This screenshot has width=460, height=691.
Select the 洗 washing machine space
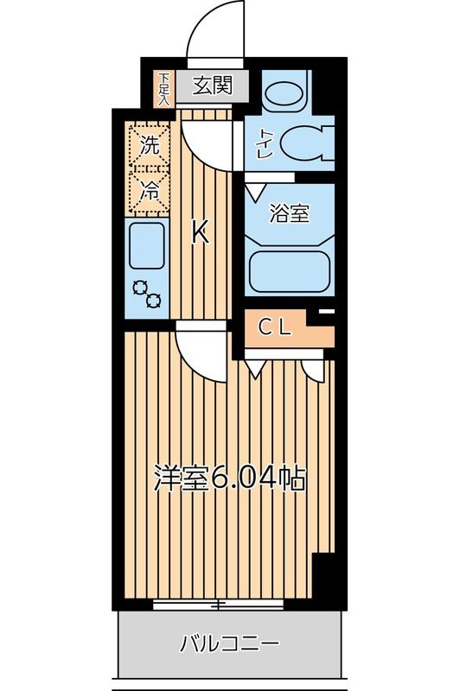150,145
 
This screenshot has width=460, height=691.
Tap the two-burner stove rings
147,295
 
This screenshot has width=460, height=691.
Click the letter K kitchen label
200,231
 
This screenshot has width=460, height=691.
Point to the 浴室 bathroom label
290,213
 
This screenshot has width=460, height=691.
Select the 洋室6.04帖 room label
229,479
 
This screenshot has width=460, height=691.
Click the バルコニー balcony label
229,643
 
